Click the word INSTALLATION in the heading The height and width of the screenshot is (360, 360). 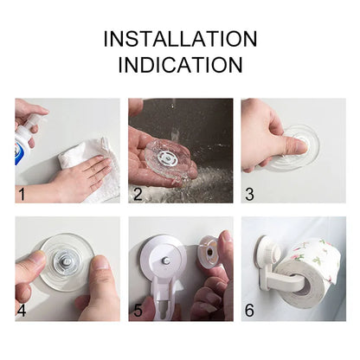[x=180, y=39]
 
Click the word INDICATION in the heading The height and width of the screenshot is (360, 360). [x=180, y=65]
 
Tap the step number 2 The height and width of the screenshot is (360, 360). [x=137, y=194]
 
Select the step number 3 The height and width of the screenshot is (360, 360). [x=249, y=194]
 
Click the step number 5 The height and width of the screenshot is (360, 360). [x=137, y=312]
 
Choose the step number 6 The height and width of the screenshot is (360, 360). [x=249, y=312]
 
